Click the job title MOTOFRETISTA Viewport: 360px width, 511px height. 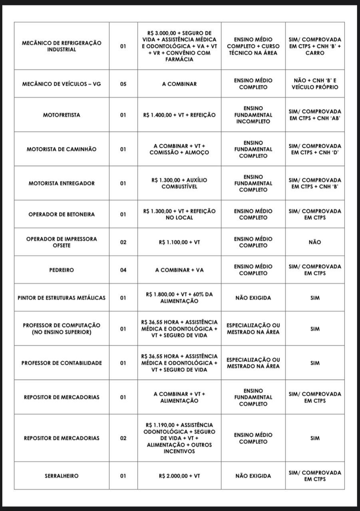click(62, 115)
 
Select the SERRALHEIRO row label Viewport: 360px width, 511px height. click(62, 476)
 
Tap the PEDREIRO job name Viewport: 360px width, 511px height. click(62, 270)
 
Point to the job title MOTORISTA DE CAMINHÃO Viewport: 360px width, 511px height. click(62, 149)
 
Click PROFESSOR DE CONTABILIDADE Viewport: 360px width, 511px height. click(62, 363)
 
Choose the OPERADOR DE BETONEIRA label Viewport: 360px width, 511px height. click(62, 214)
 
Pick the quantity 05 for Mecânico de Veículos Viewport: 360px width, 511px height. click(123, 84)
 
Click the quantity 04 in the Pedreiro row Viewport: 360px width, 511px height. click(123, 270)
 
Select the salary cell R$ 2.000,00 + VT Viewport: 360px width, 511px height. click(179, 476)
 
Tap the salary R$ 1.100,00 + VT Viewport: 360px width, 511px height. click(179, 242)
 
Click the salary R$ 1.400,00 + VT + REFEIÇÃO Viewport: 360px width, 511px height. click(179, 115)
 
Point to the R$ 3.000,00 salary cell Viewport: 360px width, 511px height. click(179, 46)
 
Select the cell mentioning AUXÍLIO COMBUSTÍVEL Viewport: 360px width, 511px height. click(179, 183)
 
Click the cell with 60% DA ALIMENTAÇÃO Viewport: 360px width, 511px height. click(179, 297)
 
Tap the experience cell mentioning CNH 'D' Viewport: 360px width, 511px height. click(315, 149)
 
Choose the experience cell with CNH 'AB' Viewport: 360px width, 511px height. click(315, 115)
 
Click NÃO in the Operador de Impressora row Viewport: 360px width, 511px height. click(315, 242)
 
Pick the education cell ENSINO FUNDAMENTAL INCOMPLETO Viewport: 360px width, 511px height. click(253, 115)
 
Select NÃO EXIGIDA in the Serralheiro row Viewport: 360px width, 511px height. click(253, 476)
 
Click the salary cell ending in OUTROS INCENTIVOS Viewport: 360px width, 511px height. click(179, 438)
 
